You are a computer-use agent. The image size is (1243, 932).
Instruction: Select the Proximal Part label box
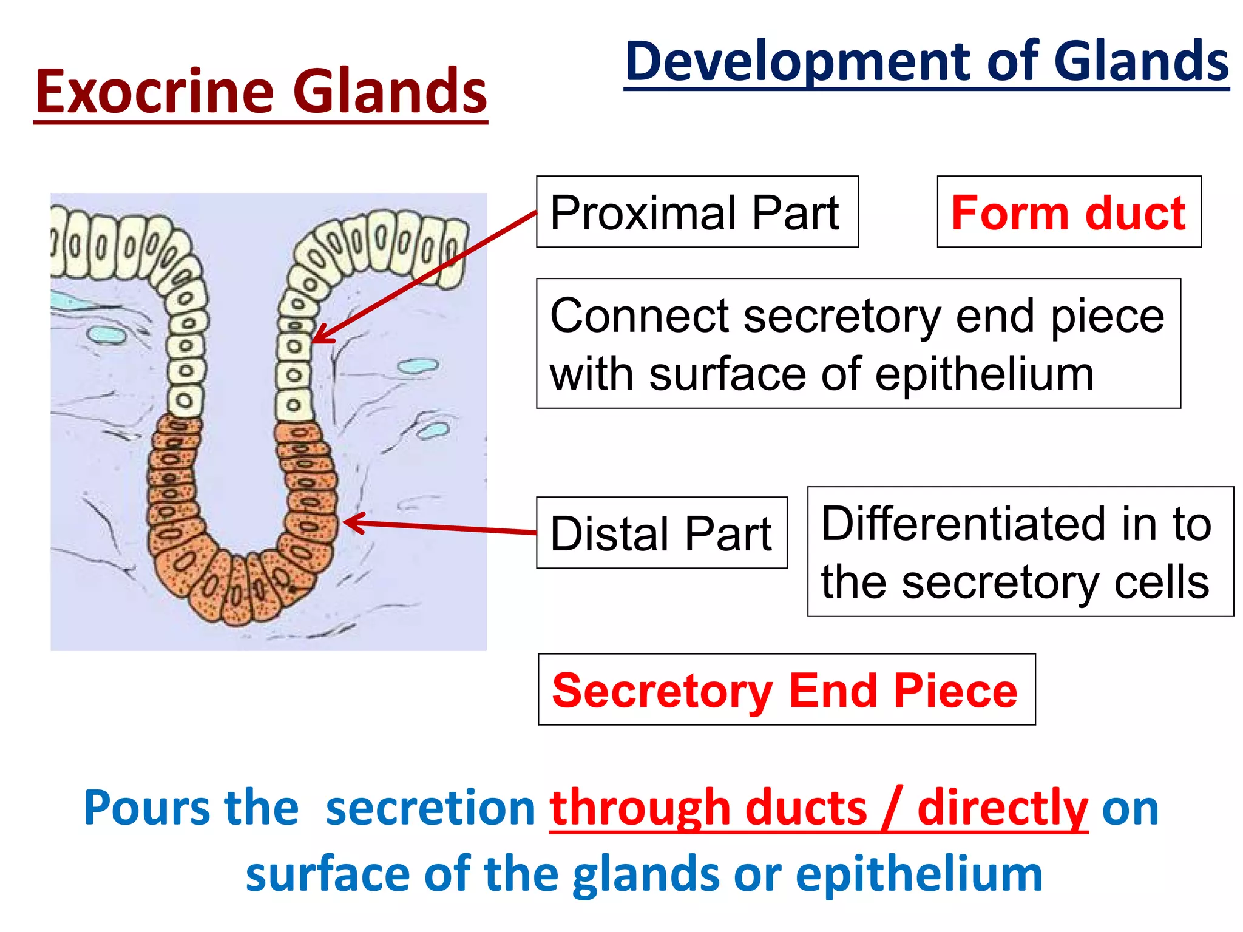coord(697,212)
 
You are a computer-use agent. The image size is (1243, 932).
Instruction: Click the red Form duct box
coord(1068,212)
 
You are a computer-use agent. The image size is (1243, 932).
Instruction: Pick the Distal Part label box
coord(661,533)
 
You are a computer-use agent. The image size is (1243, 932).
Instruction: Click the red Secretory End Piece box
coord(786,689)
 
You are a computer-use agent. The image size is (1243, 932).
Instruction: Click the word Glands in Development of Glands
coord(1141,61)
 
